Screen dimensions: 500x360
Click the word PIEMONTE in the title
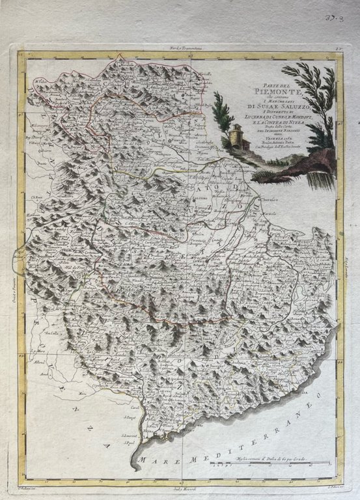coord(268,92)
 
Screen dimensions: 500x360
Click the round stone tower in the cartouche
coord(235,137)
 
